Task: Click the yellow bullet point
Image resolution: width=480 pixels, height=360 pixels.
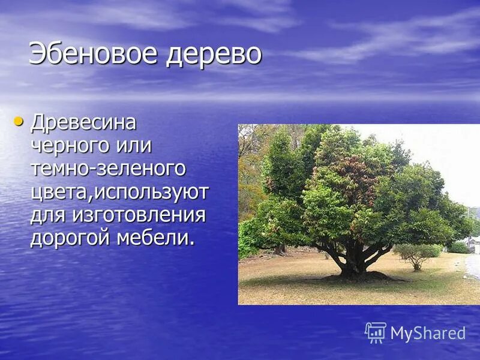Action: tap(18, 122)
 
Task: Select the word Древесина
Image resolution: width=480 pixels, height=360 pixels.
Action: tap(83, 123)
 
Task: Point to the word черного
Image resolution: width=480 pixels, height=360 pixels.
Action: tap(69, 146)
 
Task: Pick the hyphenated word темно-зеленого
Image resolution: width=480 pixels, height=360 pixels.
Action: tap(108, 169)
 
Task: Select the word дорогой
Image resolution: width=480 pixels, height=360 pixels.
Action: tap(74, 238)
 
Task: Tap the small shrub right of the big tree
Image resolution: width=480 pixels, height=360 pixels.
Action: tap(415, 255)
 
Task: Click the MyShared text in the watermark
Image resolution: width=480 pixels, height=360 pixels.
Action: tap(428, 334)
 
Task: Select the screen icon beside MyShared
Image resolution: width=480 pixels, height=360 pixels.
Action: tap(376, 332)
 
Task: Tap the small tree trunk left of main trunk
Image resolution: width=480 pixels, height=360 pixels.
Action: tap(280, 249)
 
